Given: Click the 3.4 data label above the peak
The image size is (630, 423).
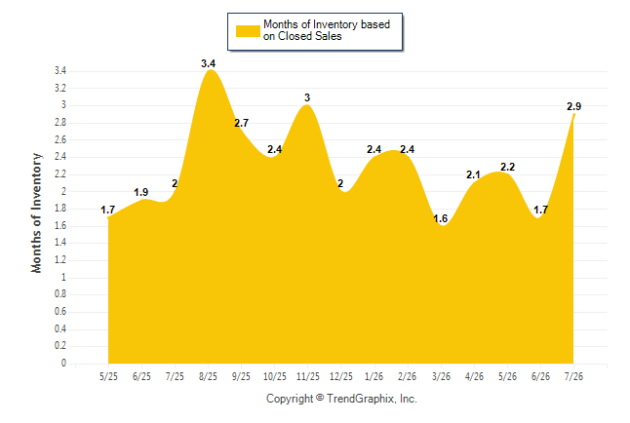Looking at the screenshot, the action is click(208, 63).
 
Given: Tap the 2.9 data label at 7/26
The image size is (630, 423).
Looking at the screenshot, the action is click(573, 106).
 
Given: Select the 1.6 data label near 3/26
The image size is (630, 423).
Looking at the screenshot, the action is click(441, 218).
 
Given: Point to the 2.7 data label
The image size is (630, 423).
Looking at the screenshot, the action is click(242, 123).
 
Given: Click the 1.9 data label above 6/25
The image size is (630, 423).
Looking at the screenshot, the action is click(141, 192).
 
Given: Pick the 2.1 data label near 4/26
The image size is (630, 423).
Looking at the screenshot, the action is click(473, 174).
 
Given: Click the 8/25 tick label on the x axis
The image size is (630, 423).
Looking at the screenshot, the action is click(208, 376).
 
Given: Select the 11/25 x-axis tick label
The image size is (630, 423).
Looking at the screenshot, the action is click(308, 376).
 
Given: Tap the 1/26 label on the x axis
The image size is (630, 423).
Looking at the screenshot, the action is click(374, 376).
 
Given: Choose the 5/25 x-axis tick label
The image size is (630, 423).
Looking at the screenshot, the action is click(108, 376).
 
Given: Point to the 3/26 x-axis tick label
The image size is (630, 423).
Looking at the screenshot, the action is click(441, 376).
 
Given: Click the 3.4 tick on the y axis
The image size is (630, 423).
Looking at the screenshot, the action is click(60, 71).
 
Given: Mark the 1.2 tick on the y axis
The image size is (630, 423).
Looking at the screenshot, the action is click(60, 259).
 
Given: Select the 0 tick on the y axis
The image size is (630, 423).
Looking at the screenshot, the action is click(63, 363).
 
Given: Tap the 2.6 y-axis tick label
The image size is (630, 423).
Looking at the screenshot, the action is click(60, 139).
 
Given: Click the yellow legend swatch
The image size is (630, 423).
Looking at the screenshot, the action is click(248, 31).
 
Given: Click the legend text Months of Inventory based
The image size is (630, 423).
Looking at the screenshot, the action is click(327, 24).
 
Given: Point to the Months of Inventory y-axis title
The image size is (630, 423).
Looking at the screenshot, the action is click(36, 212).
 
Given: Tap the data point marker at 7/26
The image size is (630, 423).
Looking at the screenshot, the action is click(573, 115).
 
